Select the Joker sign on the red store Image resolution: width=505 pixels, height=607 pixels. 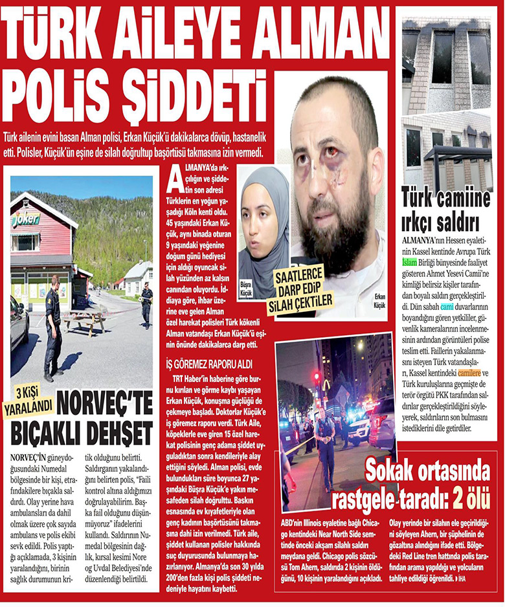click(x=25, y=219)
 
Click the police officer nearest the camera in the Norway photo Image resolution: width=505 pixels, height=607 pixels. click(x=52, y=326)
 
